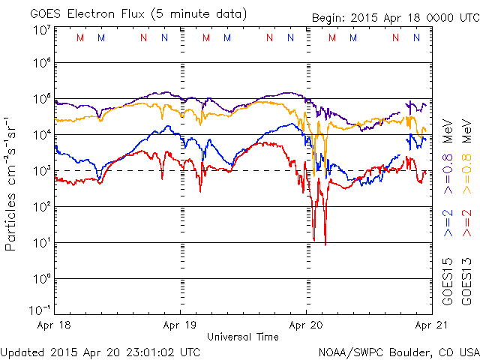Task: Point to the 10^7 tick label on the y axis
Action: point(41,29)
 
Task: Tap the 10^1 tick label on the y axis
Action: point(41,242)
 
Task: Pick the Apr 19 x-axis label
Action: point(181,326)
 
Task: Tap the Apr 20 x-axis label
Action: point(306,326)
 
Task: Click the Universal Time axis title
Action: point(243,337)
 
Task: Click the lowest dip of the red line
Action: point(325,243)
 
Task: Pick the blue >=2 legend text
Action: point(448,224)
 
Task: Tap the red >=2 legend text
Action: point(465,224)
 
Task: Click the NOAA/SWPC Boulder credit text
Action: point(398,351)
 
